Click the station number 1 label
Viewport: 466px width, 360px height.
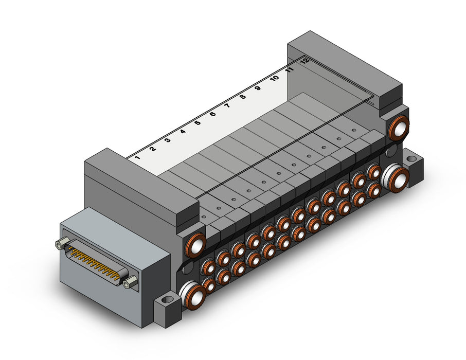click(x=137, y=157)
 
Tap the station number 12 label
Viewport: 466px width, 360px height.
click(x=304, y=61)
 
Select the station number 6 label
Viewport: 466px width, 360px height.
click(x=212, y=114)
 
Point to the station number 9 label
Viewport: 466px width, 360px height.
click(x=258, y=88)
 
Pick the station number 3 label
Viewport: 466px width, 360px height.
click(x=168, y=140)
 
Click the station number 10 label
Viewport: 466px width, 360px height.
click(x=274, y=78)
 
